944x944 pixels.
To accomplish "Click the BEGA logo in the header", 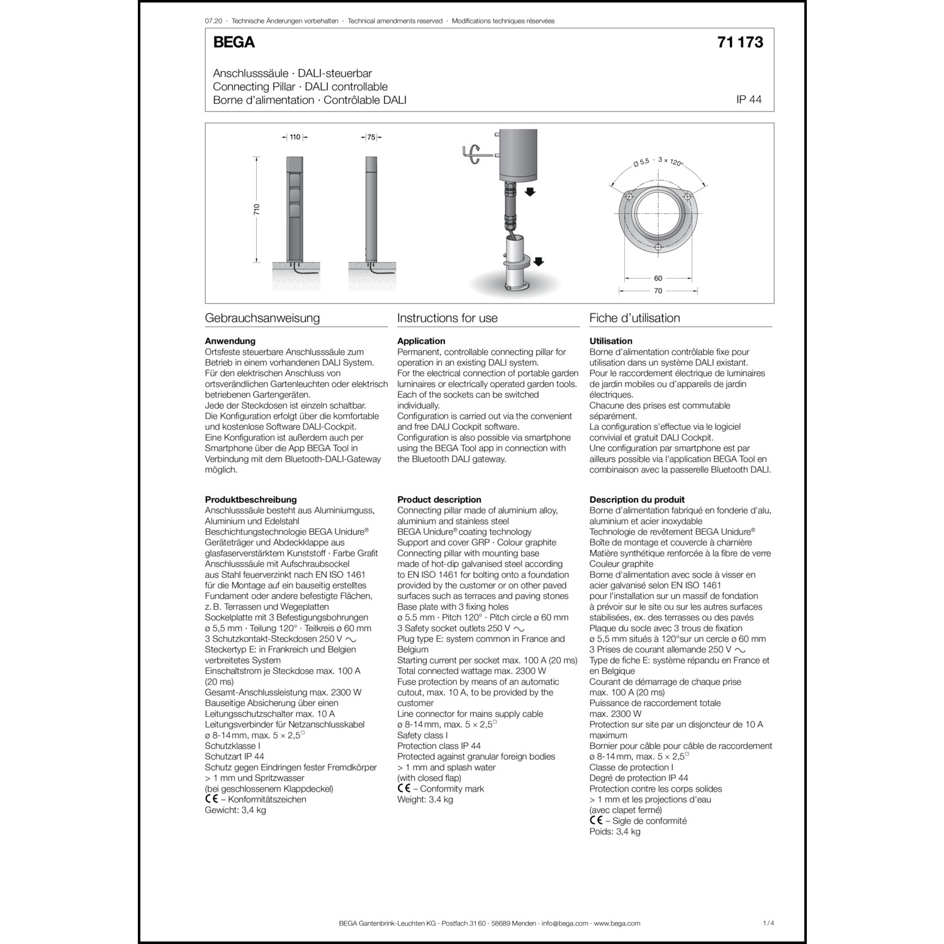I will point(233,42).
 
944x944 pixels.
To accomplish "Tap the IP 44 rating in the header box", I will point(748,99).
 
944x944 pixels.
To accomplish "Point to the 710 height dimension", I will point(257,209).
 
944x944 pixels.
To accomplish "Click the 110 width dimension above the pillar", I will point(295,137).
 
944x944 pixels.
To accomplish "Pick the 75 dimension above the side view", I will point(371,137).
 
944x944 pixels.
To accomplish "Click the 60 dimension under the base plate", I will point(658,278).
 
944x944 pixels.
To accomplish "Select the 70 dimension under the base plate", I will point(658,291).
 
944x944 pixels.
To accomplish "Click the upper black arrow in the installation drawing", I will point(530,191).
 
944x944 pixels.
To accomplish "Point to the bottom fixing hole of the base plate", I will point(658,247).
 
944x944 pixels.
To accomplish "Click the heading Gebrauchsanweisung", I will point(262,318).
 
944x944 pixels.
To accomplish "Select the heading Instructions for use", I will point(447,318).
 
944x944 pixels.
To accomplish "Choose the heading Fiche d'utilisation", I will point(634,318).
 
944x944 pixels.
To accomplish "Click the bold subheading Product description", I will point(439,500).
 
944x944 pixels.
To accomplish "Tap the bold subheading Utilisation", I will point(610,341).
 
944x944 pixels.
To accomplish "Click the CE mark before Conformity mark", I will point(403,788).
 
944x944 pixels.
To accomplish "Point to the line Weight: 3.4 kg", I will point(425,799).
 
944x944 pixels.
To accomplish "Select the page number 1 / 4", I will point(768,923).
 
